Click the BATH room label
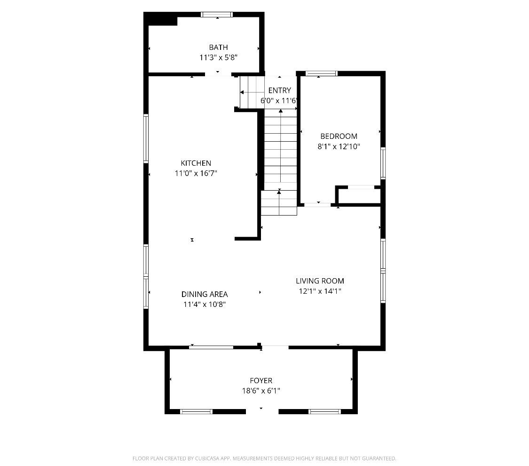(218, 47)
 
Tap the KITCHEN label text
(196, 163)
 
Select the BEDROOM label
(339, 136)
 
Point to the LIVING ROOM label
(320, 281)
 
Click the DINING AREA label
(205, 294)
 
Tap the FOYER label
(261, 380)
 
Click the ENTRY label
(279, 90)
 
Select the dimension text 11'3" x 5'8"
(218, 57)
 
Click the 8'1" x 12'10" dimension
(339, 146)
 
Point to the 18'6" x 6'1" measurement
(261, 391)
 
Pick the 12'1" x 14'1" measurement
(320, 291)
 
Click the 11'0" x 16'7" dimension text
(196, 173)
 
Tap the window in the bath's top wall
(217, 15)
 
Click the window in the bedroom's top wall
(321, 73)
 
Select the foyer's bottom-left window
(196, 411)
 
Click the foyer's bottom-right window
(324, 411)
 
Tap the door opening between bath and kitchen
(218, 74)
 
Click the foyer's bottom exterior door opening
(262, 411)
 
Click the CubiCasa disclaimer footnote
(264, 458)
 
